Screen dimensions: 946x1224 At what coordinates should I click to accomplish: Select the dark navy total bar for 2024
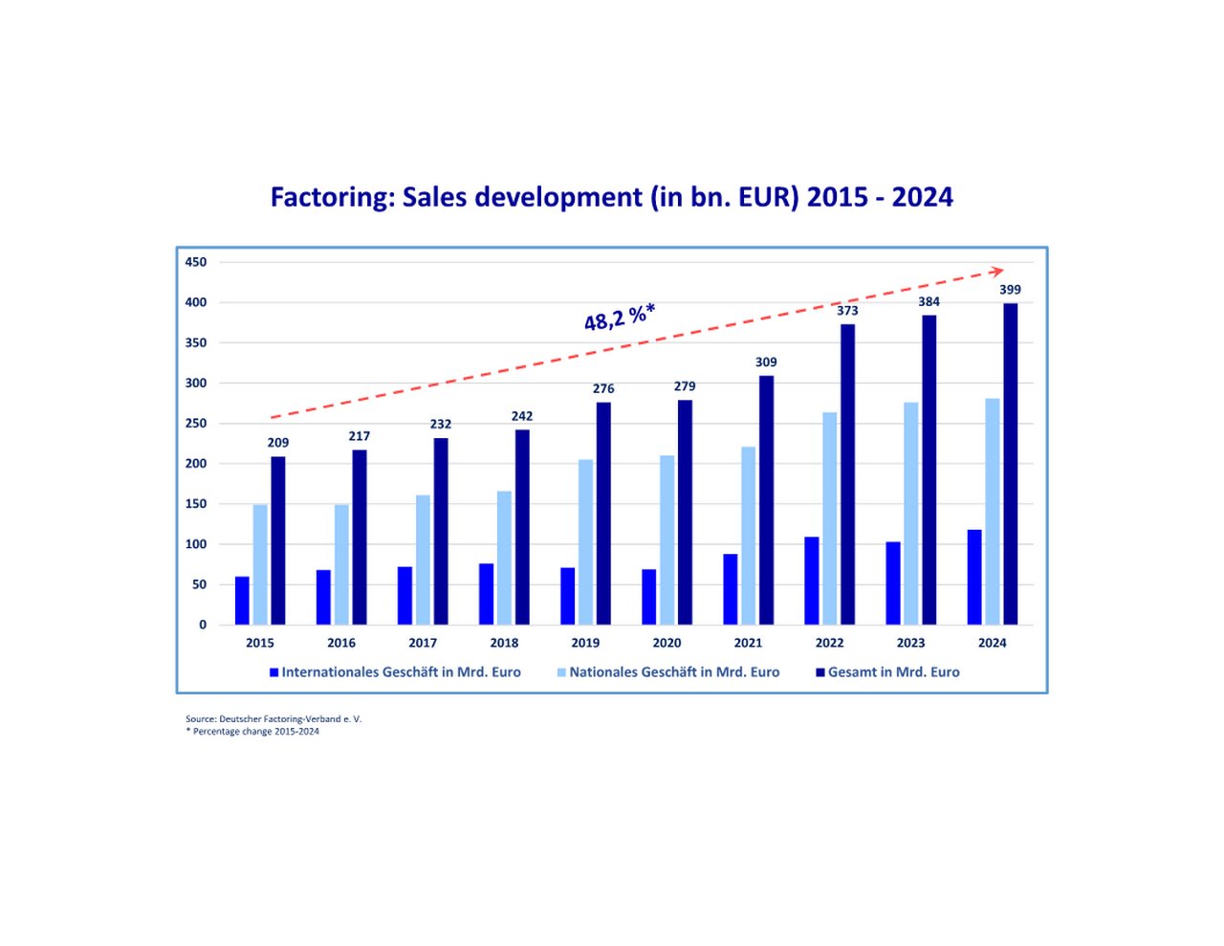(x=1010, y=464)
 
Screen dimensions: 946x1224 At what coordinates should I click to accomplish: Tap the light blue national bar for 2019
(x=585, y=542)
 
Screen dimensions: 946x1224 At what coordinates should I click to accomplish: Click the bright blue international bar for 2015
(x=242, y=601)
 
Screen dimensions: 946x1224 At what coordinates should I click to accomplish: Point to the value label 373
(x=847, y=311)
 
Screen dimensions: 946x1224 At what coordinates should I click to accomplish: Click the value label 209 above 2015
(x=277, y=443)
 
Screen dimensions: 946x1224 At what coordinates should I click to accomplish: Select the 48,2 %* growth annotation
(x=620, y=317)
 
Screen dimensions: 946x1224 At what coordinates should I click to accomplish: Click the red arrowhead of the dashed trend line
(x=997, y=272)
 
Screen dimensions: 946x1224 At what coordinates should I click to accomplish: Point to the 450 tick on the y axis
(x=196, y=262)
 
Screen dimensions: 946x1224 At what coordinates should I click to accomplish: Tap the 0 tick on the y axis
(x=202, y=625)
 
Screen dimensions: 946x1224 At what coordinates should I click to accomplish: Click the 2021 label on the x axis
(x=748, y=643)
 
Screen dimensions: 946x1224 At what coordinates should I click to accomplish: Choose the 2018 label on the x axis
(x=504, y=643)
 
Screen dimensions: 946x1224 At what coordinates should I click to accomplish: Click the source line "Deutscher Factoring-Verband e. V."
(x=273, y=718)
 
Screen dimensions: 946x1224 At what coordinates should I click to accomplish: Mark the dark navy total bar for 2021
(x=766, y=500)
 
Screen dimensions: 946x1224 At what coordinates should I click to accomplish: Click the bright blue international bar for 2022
(x=812, y=581)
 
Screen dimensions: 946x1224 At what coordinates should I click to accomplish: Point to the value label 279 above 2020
(x=685, y=386)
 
